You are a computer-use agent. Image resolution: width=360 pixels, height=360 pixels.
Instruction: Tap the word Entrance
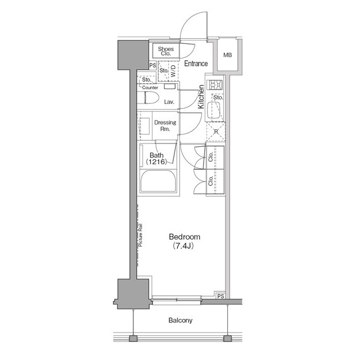tap(196, 64)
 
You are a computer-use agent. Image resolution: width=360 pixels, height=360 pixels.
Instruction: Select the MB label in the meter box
tap(227, 55)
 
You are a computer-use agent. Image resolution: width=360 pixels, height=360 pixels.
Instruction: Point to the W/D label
tap(174, 71)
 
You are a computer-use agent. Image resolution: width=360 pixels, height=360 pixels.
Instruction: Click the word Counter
tap(150, 88)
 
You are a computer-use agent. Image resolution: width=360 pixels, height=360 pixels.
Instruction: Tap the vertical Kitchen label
tap(200, 96)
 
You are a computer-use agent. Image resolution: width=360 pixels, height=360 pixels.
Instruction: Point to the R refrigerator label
tap(215, 132)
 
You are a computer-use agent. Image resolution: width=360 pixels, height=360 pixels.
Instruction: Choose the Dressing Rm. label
tap(165, 125)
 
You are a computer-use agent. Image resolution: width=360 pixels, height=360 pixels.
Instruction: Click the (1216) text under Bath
tap(157, 162)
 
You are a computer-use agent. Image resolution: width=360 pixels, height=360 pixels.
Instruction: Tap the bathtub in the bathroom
tap(159, 182)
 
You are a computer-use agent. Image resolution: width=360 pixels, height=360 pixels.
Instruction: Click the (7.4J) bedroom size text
tap(183, 246)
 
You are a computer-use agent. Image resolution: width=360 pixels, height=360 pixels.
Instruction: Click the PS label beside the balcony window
tap(220, 296)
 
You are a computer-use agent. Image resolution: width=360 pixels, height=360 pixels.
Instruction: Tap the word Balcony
tap(180, 321)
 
